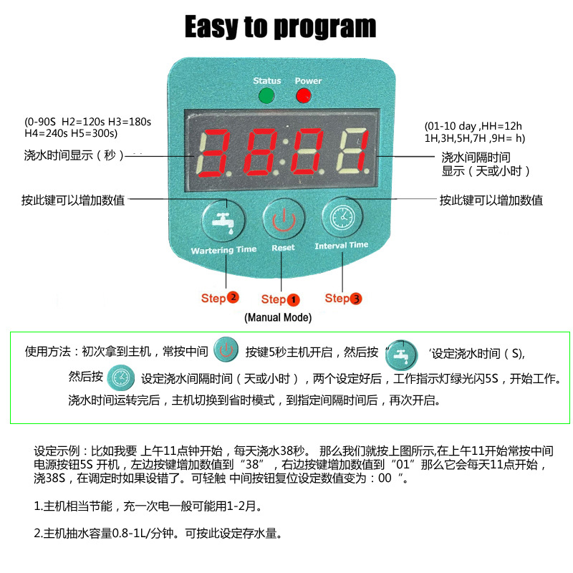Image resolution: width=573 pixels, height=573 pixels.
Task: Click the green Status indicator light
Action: pos(266,96)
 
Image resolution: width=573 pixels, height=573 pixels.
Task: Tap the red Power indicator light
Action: pos(304,96)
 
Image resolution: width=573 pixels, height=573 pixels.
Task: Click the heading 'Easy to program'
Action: pos(280,27)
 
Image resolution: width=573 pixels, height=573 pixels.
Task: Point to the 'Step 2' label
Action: pos(220,297)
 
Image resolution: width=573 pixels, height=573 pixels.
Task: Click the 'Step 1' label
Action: pos(280,299)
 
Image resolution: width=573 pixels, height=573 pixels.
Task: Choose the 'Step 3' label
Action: pos(343,298)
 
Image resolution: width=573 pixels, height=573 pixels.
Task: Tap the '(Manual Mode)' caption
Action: pos(278,317)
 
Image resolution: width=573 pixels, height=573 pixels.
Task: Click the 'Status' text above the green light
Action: pos(267,81)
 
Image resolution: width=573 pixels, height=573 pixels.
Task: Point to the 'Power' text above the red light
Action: pos(308,81)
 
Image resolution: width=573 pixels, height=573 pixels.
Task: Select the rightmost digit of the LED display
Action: pos(355,154)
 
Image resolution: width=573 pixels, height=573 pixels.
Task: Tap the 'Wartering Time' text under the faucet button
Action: pos(223,250)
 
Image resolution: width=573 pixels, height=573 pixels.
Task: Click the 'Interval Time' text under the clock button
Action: pos(342,246)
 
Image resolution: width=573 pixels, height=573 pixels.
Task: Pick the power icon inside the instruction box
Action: pos(226,351)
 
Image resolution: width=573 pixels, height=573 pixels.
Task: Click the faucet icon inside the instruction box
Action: pos(402,353)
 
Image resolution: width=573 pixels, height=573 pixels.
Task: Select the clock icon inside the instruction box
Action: pos(121,376)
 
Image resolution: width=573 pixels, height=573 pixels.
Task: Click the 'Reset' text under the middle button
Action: pos(283,248)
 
